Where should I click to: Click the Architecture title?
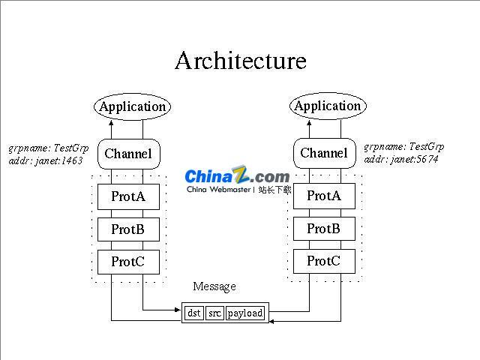click(x=240, y=61)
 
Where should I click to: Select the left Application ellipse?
click(x=132, y=106)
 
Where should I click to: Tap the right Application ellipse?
click(x=327, y=106)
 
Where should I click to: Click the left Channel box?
click(x=128, y=154)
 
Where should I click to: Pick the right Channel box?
click(x=324, y=153)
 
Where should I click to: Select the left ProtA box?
click(x=128, y=196)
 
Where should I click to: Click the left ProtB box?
click(x=128, y=229)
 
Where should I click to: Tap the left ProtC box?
click(x=128, y=262)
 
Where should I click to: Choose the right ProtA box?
click(x=324, y=196)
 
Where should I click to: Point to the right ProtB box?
click(x=324, y=229)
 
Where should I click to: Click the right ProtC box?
click(x=324, y=261)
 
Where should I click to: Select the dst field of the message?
click(x=194, y=313)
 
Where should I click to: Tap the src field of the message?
click(x=215, y=313)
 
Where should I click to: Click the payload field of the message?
click(x=245, y=313)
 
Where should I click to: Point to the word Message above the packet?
click(x=214, y=286)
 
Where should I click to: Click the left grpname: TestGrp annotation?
click(x=48, y=148)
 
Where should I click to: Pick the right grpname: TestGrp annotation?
click(x=404, y=147)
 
